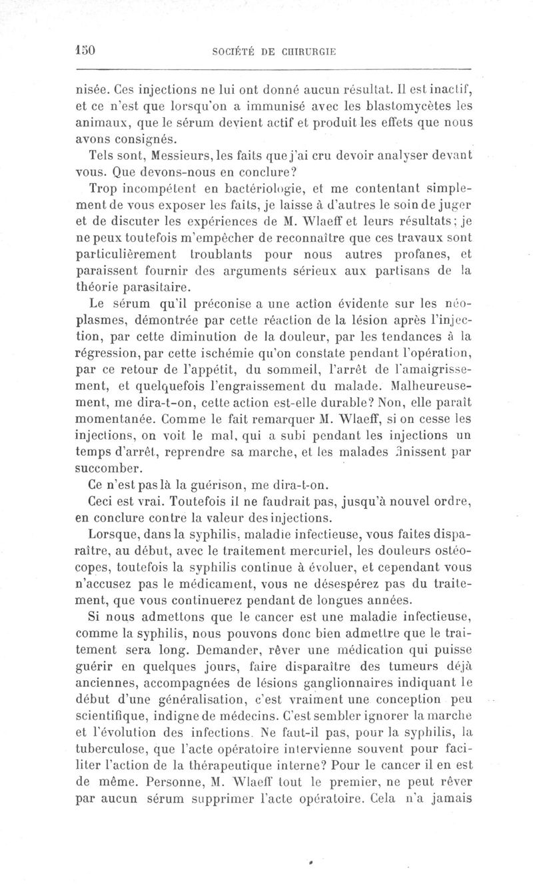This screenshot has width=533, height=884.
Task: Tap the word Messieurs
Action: (165, 155)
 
